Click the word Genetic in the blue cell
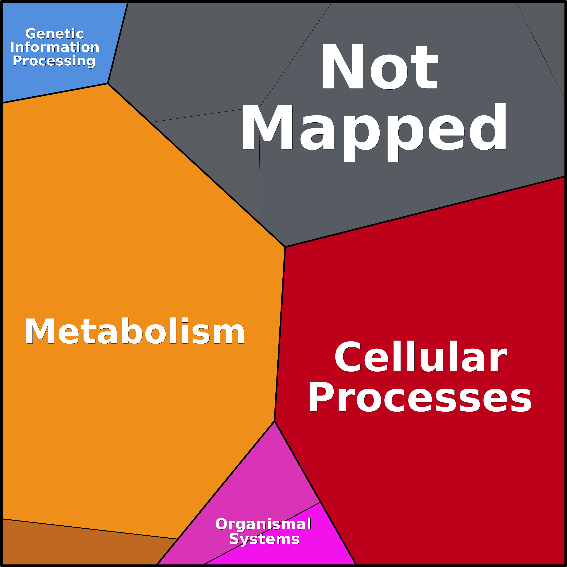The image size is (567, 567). coord(54,34)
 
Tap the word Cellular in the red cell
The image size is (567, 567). coord(421,356)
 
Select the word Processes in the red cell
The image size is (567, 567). coord(420,397)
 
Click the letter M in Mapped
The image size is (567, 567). coord(267,127)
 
